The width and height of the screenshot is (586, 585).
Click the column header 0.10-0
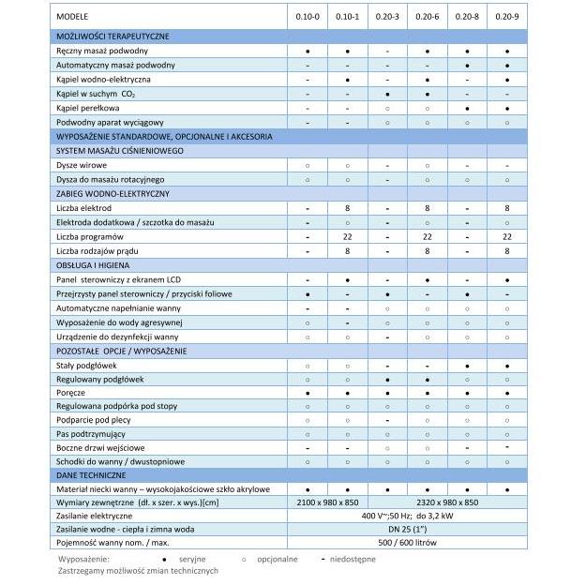(308, 17)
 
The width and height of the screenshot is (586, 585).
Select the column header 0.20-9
(506, 17)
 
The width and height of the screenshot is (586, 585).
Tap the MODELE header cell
(73, 17)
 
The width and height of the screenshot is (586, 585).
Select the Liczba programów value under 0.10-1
(347, 236)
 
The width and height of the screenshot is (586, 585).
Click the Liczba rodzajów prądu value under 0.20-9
(506, 250)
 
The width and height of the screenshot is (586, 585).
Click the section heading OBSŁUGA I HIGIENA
(93, 265)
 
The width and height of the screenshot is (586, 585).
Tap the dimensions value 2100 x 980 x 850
(327, 502)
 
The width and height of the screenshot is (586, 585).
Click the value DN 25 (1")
(407, 529)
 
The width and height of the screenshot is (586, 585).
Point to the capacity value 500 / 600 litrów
(407, 542)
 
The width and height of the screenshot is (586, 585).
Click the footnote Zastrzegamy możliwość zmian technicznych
(138, 570)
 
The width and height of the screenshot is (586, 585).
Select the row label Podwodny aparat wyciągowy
(110, 122)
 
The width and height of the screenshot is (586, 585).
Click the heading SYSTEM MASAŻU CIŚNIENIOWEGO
(119, 150)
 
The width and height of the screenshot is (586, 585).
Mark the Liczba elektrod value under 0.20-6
(427, 206)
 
